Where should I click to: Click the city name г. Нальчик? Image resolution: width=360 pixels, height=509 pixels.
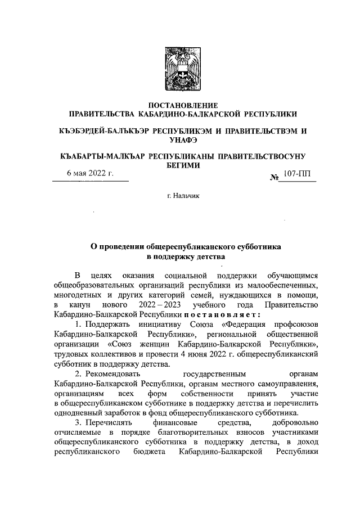tap(181, 196)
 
